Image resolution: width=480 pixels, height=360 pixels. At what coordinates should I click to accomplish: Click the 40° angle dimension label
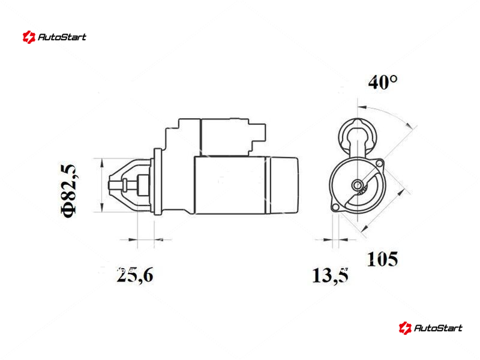click(x=383, y=82)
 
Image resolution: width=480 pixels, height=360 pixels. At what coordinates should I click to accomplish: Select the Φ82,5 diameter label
click(x=69, y=191)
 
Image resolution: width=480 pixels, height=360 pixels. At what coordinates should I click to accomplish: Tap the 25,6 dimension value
click(x=134, y=275)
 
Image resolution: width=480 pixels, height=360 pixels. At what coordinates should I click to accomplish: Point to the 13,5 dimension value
click(x=330, y=275)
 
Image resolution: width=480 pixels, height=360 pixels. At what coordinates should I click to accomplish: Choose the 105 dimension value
click(x=382, y=259)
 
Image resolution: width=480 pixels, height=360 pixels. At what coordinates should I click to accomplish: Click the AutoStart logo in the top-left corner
click(x=54, y=37)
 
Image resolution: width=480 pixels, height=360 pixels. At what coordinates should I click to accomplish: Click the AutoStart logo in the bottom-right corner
click(x=430, y=328)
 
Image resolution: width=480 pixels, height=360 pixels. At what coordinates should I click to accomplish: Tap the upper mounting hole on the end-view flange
click(x=379, y=163)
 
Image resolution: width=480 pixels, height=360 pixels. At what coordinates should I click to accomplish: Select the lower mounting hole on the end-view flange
click(x=335, y=207)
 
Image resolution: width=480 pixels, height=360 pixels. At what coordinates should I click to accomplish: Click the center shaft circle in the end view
click(x=357, y=185)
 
